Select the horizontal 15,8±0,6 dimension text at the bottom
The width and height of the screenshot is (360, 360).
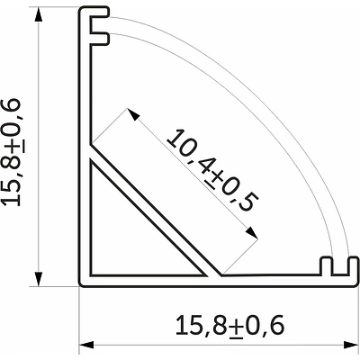point(229,325)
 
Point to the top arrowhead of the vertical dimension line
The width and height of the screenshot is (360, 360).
point(39,14)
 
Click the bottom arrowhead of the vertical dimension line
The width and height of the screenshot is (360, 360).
point(39,279)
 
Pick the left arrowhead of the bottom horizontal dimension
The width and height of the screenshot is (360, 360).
point(86,345)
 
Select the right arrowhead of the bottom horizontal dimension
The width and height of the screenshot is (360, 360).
point(351,345)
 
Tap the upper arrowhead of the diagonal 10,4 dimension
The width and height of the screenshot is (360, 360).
point(133,114)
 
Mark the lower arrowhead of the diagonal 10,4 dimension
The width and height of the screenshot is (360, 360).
point(251,233)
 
